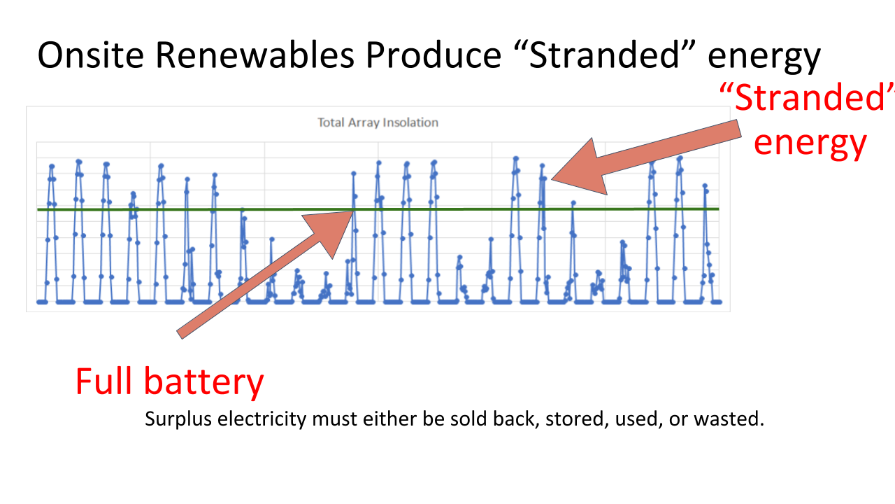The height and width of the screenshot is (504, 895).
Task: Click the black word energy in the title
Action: point(764,58)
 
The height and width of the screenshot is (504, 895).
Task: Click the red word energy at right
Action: point(810,144)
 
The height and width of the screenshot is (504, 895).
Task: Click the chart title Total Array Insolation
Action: point(378,122)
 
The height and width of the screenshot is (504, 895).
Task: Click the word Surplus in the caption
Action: point(178,419)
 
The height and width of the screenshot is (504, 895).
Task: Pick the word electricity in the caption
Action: point(262,419)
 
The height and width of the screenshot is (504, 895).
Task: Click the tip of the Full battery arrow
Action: point(353,211)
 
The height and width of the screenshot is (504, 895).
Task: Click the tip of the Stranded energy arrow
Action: point(552,179)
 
